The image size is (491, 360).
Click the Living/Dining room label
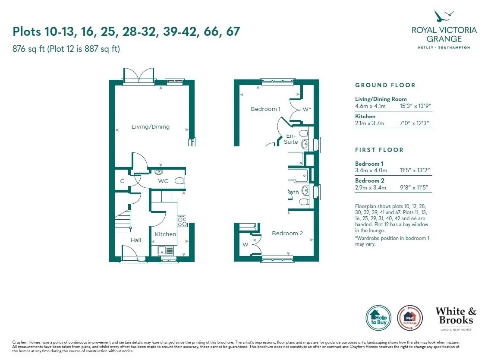[x=150, y=127]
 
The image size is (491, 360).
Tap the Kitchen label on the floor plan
[x=165, y=234]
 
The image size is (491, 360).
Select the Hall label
[x=136, y=240]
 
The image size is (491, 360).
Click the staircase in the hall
[x=123, y=221]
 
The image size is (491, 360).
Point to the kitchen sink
[x=166, y=251]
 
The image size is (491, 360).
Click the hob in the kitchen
[x=182, y=221]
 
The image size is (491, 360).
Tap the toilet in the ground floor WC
[x=179, y=181]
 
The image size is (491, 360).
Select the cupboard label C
[x=122, y=181]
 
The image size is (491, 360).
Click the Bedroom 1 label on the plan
[x=265, y=109]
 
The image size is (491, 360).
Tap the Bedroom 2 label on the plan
[x=287, y=234]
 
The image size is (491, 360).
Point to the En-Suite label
[x=291, y=139]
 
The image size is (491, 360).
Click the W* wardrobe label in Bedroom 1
[x=307, y=109]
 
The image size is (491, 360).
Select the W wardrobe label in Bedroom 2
[x=245, y=244]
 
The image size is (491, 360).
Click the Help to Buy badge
[x=378, y=318]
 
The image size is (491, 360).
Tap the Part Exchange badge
[x=410, y=318]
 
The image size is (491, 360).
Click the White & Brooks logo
[x=456, y=319]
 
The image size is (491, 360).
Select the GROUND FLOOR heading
[x=385, y=85]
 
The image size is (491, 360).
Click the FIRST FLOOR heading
[x=379, y=150]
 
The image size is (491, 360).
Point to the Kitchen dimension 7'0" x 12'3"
[x=414, y=123]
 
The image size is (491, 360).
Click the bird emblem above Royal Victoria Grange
[x=444, y=16]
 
